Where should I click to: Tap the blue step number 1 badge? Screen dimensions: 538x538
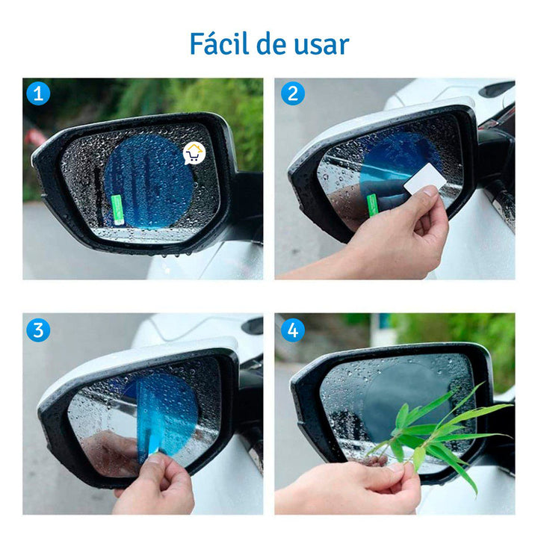point(38,94)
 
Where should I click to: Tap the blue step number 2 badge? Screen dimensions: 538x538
point(292,94)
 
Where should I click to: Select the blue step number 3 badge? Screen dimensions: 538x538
point(38,329)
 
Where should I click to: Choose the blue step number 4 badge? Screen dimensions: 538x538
point(292,329)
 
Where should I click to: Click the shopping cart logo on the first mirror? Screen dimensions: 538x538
point(194,154)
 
